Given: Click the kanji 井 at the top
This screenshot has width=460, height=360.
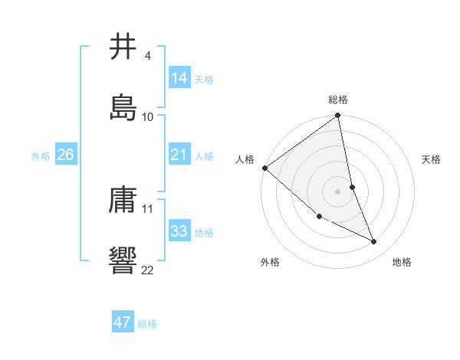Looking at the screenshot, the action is pyautogui.click(x=123, y=47).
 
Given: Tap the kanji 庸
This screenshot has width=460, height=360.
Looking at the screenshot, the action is pyautogui.click(x=123, y=200).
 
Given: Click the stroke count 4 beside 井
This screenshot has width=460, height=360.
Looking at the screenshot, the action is pyautogui.click(x=147, y=56).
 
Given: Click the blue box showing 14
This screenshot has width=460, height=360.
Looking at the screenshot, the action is pyautogui.click(x=179, y=78).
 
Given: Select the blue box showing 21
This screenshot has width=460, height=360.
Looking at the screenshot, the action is pyautogui.click(x=179, y=155).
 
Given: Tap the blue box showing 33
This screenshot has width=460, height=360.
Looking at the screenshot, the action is pyautogui.click(x=179, y=231).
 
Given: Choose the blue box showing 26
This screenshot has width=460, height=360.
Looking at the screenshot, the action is pyautogui.click(x=65, y=155).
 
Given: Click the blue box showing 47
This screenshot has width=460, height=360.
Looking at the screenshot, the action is pyautogui.click(x=122, y=322).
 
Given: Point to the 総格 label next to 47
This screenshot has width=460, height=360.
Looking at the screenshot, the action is pyautogui.click(x=147, y=324).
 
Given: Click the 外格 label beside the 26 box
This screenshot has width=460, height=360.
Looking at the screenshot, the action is pyautogui.click(x=41, y=156).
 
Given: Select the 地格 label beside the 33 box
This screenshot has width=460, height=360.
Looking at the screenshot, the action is pyautogui.click(x=204, y=233).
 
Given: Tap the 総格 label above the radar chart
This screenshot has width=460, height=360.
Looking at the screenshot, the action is pyautogui.click(x=338, y=100).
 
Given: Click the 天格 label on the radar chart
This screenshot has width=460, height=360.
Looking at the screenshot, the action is pyautogui.click(x=431, y=159).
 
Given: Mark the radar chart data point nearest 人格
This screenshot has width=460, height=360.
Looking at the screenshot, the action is pyautogui.click(x=264, y=168).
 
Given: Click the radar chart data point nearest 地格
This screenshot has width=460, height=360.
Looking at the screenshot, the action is pyautogui.click(x=374, y=242).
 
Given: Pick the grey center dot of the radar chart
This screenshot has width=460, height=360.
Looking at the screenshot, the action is pyautogui.click(x=338, y=191).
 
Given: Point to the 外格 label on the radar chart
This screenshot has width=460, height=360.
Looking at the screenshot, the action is pyautogui.click(x=270, y=262).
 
